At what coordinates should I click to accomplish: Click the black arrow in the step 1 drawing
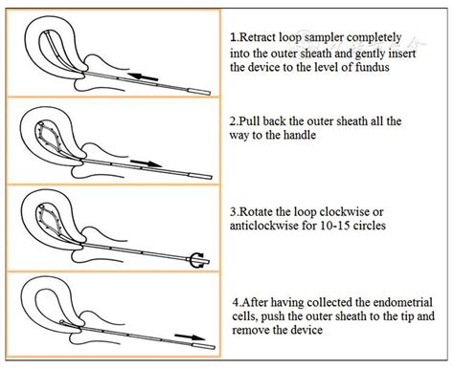(143, 76)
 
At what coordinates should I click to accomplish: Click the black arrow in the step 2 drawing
(147, 163)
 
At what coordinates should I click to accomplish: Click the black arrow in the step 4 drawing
(190, 337)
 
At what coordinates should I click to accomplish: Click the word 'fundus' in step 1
(372, 67)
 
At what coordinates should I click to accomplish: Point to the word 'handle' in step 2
(300, 135)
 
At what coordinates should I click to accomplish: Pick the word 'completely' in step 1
(374, 38)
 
